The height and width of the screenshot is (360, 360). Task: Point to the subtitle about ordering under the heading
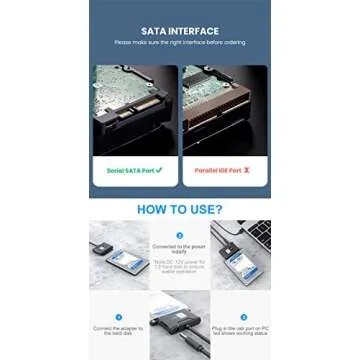click(179, 42)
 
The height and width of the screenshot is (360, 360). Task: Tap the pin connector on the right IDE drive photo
click(225, 110)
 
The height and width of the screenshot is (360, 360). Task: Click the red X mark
click(246, 170)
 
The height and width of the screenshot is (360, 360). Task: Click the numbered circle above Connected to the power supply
click(180, 236)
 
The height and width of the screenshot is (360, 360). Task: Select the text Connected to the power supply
click(180, 247)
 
